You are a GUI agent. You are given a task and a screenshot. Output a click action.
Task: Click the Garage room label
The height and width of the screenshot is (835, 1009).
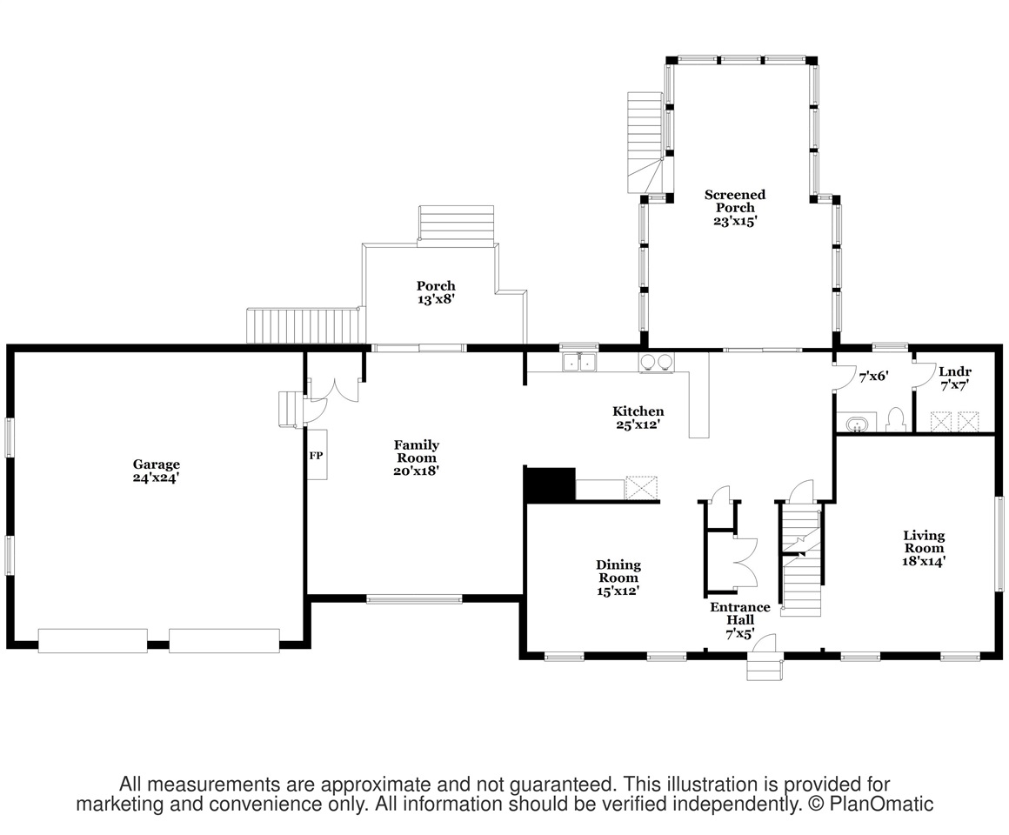coord(156,471)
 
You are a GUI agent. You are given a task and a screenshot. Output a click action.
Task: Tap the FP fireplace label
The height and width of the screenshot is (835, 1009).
coord(316,456)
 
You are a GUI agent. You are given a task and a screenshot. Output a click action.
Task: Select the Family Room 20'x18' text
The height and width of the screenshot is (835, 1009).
coord(417,458)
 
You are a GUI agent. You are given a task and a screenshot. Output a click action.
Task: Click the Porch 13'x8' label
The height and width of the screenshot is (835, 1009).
coord(436,292)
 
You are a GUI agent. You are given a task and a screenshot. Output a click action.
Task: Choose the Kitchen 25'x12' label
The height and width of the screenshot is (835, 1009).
coord(638,417)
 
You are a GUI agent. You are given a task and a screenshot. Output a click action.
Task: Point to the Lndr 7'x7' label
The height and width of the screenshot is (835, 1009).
coord(955,378)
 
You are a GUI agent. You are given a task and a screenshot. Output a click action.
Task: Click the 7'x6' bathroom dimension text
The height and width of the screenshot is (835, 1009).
coord(874,377)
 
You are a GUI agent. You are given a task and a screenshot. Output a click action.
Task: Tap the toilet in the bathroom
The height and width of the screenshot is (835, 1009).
coord(895,419)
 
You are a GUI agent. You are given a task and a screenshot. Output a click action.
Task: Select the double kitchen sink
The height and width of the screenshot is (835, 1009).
coord(580,363)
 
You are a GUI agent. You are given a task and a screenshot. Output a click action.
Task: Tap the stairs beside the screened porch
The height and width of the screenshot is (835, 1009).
coord(645,143)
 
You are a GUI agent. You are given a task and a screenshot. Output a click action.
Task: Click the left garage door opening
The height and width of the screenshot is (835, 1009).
coord(93,641)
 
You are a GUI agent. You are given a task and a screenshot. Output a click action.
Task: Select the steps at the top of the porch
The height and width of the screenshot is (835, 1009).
coord(457,224)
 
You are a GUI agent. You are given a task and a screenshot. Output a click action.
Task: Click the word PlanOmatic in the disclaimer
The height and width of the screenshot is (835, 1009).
coord(882,804)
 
